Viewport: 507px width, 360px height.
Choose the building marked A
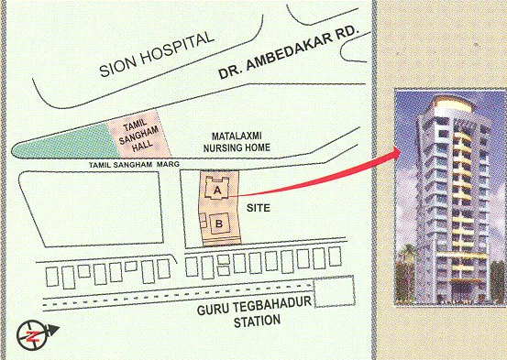pos(216,190)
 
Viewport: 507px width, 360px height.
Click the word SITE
pos(285,208)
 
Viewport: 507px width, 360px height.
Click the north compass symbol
pos(33,335)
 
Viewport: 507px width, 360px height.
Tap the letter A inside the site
pos(216,191)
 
